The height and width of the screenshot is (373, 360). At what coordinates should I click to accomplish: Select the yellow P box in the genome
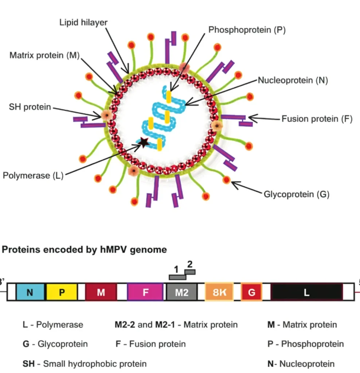(62, 292)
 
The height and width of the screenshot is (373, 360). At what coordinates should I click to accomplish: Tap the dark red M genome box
(101, 292)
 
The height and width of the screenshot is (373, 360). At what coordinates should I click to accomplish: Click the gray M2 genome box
(181, 292)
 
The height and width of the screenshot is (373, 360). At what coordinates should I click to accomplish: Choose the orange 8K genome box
(219, 292)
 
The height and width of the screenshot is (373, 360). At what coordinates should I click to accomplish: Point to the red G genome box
(251, 292)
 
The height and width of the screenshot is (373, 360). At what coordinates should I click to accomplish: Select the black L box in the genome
(307, 292)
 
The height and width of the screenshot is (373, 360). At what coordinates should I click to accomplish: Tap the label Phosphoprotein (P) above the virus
(247, 30)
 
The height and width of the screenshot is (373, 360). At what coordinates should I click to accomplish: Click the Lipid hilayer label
(84, 23)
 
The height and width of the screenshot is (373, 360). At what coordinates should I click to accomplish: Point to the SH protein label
(30, 107)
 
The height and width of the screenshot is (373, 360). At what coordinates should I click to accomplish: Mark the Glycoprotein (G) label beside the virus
(297, 194)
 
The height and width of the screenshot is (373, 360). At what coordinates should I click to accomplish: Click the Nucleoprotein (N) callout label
(293, 81)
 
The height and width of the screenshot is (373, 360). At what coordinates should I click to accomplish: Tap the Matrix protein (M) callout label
(44, 55)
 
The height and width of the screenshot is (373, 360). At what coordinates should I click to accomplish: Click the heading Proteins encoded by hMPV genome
(85, 250)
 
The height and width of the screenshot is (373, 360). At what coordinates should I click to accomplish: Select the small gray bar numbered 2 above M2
(190, 271)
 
